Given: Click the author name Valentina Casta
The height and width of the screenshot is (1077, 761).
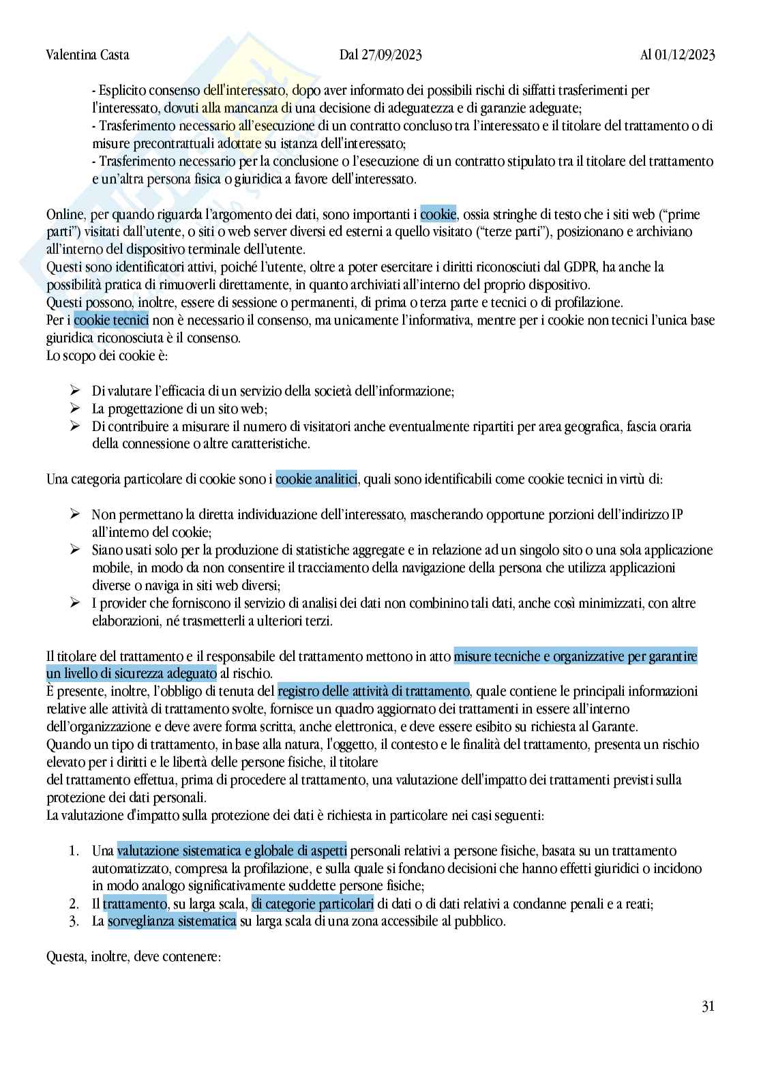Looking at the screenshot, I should point(87,55).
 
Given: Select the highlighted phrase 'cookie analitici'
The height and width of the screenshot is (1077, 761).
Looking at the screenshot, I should point(316,480).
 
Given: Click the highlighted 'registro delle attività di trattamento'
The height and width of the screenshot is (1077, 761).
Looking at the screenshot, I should point(374,692).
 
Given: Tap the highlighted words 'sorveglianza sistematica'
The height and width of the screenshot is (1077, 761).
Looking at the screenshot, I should point(172,921).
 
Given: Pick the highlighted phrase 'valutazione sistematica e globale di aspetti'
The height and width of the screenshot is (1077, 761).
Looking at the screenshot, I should point(232,851).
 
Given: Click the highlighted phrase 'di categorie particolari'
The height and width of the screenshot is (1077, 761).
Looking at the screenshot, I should point(313,904).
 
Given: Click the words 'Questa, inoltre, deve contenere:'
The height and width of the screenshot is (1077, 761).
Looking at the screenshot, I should point(134,957).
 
